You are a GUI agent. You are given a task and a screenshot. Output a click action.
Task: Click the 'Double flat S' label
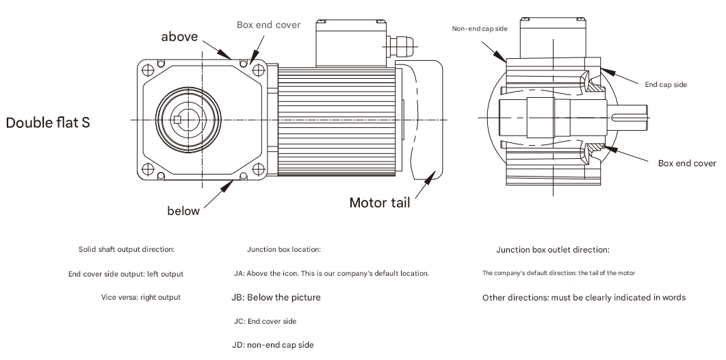pos(49,123)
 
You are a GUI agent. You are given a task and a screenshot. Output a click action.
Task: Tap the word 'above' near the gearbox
pos(180,36)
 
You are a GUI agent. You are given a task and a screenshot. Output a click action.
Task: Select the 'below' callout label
pos(183,211)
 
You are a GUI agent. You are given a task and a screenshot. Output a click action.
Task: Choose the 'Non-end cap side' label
pos(478,29)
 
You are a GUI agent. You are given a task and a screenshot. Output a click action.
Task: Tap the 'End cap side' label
pos(666,84)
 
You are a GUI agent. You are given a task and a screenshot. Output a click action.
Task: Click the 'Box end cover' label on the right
pos(687,164)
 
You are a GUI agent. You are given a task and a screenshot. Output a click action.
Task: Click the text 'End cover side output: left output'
pos(125,274)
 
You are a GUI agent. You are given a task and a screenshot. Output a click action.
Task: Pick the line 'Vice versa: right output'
pos(140,298)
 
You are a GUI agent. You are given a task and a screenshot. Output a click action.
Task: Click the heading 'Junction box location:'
pos(284,250)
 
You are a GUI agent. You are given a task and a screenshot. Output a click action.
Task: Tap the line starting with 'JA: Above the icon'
pos(331,274)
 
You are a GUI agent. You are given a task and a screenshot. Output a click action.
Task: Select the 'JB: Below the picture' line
pos(276,298)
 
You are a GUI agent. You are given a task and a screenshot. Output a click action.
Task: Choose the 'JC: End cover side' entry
pos(265,321)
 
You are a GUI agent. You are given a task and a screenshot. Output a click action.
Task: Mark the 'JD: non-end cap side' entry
pos(273,345)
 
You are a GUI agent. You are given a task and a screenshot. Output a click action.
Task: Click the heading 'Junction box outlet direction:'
pos(552,250)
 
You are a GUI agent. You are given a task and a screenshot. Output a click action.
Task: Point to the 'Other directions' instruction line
pos(584,298)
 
